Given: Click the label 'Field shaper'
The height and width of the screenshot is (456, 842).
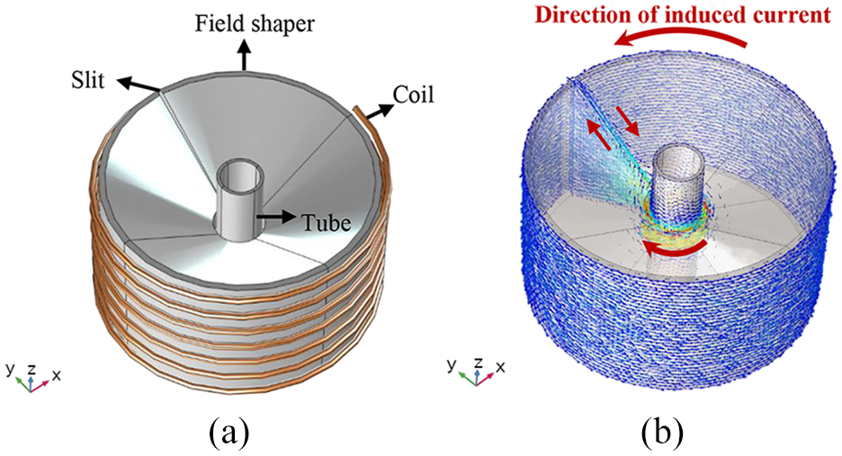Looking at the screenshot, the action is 255,24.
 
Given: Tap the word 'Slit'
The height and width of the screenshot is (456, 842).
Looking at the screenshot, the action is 87,81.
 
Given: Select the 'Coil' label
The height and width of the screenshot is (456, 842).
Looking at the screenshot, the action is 413,95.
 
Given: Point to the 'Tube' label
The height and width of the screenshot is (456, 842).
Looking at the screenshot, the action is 326,222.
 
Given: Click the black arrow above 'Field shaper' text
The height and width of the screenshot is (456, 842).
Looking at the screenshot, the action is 245,54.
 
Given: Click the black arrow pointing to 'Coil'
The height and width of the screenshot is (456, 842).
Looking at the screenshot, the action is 379,110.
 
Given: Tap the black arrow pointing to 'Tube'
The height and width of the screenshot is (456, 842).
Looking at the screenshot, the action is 276,217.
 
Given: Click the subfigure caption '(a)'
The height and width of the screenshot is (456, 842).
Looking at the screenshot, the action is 229,432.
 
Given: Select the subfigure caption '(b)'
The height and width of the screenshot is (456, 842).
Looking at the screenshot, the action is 662,432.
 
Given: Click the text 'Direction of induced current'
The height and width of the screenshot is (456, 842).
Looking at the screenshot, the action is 683,14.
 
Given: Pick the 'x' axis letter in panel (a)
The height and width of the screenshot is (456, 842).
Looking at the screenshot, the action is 56,375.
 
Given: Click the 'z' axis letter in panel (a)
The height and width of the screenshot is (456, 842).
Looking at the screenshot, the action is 31,369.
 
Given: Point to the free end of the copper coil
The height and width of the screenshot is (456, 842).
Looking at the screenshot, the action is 356,109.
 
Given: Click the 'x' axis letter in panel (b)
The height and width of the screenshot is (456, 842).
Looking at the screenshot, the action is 500,367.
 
